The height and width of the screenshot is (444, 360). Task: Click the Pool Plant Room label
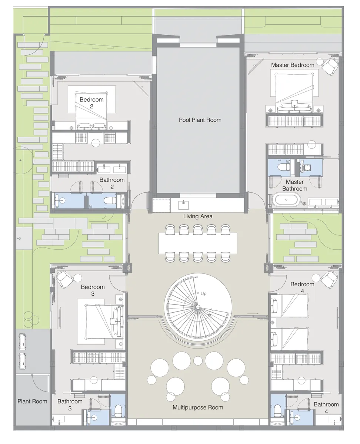tap(200, 120)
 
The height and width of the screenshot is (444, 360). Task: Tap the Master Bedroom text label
tap(292, 65)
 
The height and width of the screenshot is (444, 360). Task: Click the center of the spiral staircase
tap(198, 307)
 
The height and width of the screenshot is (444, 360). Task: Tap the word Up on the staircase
tap(203, 294)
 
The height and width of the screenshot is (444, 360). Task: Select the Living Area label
tap(198, 216)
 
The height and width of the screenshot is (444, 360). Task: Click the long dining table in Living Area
tap(198, 243)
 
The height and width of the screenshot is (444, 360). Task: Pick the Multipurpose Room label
tap(198, 407)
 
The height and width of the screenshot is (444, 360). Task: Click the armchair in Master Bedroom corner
tap(329, 66)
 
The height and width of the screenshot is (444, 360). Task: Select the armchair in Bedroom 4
tap(329, 279)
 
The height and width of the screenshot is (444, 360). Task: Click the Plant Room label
tap(33, 401)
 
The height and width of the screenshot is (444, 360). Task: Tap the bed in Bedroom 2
tap(91, 111)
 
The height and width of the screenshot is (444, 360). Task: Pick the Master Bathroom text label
tap(294, 185)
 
